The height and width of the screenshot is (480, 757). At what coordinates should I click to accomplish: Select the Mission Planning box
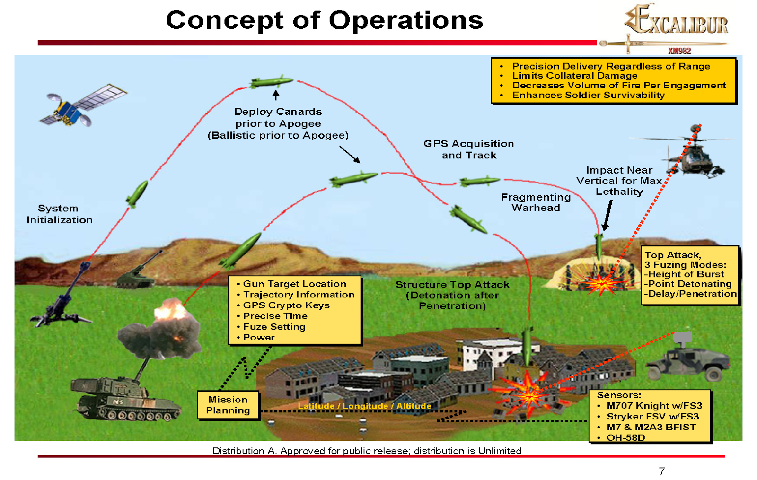point(228,405)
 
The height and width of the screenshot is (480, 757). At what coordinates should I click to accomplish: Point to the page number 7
point(661,471)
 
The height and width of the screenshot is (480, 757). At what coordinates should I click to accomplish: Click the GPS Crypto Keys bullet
point(286,305)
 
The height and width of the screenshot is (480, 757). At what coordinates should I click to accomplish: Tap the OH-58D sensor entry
point(625,437)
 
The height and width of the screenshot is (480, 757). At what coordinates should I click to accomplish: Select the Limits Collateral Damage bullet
point(574,76)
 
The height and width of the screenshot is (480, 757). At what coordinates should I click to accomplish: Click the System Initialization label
point(59,214)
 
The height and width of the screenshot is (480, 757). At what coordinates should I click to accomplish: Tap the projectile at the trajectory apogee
point(271,82)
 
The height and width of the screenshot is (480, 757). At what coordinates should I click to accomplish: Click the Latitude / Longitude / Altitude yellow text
point(364,406)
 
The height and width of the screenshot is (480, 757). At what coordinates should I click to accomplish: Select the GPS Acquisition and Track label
point(468,149)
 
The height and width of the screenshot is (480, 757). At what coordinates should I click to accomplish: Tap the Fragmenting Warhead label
point(536,202)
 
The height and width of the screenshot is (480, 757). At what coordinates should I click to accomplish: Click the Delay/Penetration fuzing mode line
point(690,294)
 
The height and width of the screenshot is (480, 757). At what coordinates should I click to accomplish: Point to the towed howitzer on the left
point(66,298)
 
